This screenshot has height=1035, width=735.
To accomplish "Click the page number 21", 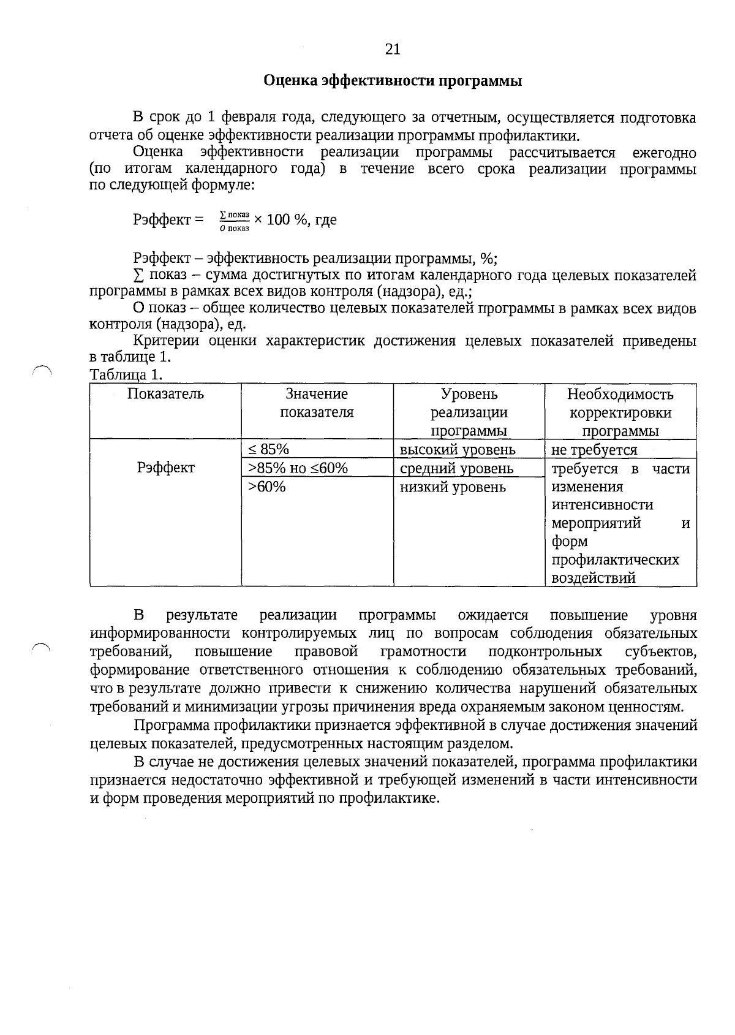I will pyautogui.click(x=393, y=50).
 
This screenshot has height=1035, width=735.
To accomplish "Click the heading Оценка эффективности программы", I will pyautogui.click(x=393, y=81).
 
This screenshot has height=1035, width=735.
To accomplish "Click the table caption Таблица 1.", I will pyautogui.click(x=126, y=374).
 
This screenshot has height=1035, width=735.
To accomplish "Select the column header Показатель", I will pyautogui.click(x=165, y=394).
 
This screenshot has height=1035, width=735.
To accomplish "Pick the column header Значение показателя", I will pyautogui.click(x=317, y=403).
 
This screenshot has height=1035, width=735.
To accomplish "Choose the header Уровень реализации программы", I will pyautogui.click(x=469, y=412).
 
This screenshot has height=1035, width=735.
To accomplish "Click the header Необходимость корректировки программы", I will pyautogui.click(x=620, y=412).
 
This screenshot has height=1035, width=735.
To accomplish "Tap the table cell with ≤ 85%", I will pyautogui.click(x=269, y=450).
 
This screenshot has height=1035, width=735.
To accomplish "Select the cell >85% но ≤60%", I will pyautogui.click(x=298, y=469).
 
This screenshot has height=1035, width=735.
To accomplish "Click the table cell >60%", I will pyautogui.click(x=266, y=487).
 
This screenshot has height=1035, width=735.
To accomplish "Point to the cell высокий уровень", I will pyautogui.click(x=458, y=450).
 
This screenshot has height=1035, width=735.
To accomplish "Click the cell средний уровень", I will pyautogui.click(x=456, y=469).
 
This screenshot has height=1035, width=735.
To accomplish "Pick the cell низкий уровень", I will pyautogui.click(x=453, y=487).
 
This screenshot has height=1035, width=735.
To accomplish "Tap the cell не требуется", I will pyautogui.click(x=594, y=450).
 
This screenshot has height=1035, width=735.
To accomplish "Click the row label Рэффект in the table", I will pyautogui.click(x=165, y=468).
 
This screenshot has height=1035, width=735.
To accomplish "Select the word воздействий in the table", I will pyautogui.click(x=593, y=578).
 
